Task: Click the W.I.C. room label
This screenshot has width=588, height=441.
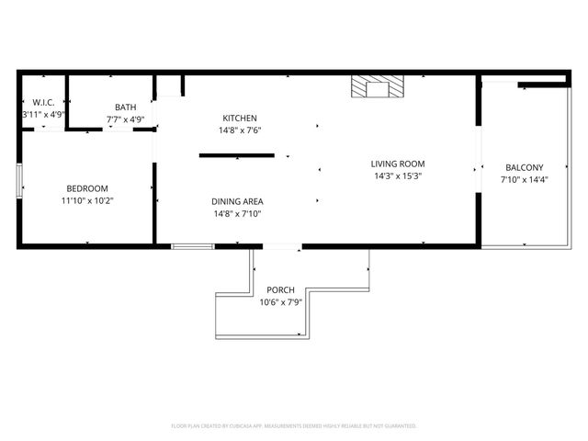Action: (42, 103)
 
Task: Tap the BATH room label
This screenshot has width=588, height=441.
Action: (125, 107)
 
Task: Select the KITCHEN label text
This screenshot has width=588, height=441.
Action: (240, 118)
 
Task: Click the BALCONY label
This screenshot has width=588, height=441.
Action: (525, 167)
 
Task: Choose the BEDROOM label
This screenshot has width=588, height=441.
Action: (87, 187)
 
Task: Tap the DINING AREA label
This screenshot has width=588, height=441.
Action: (240, 201)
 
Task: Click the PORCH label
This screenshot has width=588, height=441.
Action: (280, 290)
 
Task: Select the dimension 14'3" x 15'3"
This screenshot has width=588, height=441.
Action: (398, 175)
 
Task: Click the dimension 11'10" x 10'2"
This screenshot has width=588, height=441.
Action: (87, 199)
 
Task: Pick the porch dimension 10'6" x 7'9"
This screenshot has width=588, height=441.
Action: (280, 302)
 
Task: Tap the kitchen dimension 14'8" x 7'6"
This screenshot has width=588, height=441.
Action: (240, 130)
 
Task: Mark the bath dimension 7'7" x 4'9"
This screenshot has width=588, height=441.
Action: (125, 119)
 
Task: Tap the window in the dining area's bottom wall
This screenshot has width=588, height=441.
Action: (193, 246)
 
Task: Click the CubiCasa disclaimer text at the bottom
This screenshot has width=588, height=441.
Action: (294, 426)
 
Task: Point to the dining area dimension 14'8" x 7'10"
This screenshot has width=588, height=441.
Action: (240, 214)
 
